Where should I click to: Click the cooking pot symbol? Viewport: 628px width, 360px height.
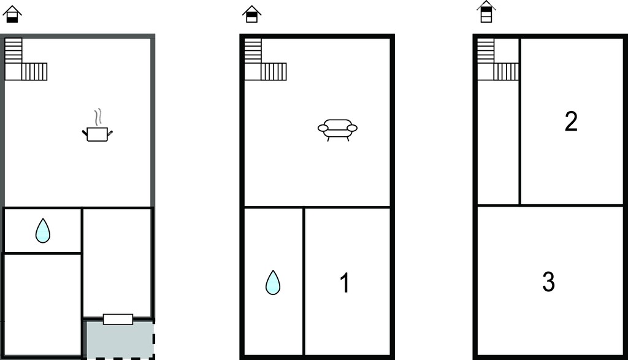(x=98, y=134)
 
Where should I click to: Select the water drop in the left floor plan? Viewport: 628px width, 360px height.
(x=43, y=231)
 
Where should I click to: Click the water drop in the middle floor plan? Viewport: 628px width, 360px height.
(x=273, y=282)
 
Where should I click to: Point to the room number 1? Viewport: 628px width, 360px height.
(x=345, y=283)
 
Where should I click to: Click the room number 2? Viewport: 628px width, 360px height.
(x=571, y=121)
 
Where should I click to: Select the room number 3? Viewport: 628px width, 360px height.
(x=548, y=281)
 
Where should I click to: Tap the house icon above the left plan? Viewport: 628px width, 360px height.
(x=12, y=14)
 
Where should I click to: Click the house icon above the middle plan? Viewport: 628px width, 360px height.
(x=251, y=14)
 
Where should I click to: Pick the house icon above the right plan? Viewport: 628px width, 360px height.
(x=486, y=12)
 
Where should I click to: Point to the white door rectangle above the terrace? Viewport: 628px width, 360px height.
(x=118, y=319)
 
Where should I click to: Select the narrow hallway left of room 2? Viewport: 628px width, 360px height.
(x=498, y=142)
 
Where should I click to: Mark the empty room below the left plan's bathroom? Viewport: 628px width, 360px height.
(x=42, y=304)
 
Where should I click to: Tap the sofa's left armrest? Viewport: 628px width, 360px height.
(x=323, y=128)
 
